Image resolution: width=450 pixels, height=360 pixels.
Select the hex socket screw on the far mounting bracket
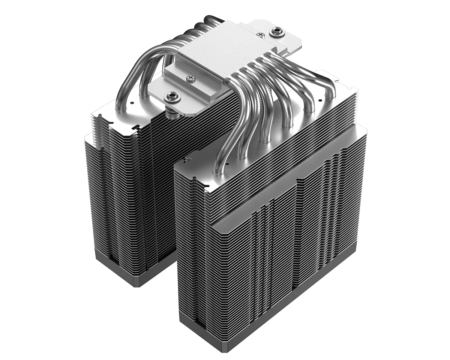tap(277, 30)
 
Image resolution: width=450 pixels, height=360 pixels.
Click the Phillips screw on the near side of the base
tap(190, 78)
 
